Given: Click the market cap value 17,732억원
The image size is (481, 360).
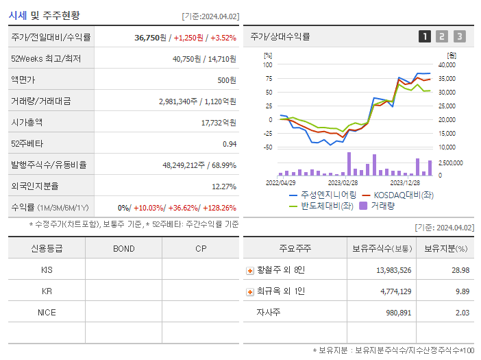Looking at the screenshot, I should (x=219, y=122).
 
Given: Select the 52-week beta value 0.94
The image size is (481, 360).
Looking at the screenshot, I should (x=229, y=143).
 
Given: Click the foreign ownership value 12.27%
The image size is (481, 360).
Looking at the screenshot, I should (x=223, y=186).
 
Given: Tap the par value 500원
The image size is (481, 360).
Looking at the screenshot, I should (x=227, y=80).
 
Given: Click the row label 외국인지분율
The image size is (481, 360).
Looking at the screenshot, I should (x=35, y=186).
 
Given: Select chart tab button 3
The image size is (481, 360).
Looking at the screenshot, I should (x=459, y=36).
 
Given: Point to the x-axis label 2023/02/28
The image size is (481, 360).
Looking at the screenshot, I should (x=343, y=183).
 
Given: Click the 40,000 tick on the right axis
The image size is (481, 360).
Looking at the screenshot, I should (x=447, y=64).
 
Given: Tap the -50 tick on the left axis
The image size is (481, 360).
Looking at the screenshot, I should (x=268, y=147).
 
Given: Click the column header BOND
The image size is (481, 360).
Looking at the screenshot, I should (x=123, y=248).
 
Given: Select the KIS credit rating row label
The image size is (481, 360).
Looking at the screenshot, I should (x=47, y=269).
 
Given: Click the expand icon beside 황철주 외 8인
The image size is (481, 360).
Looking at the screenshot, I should (x=250, y=270).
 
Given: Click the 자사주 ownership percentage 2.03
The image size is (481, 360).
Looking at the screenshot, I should (x=462, y=313).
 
